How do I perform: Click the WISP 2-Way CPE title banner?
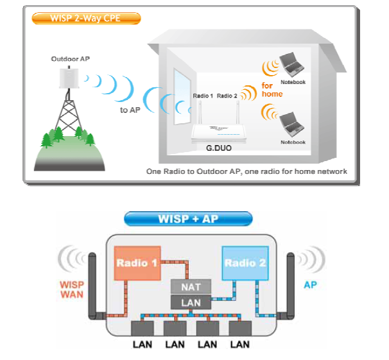point(85,17)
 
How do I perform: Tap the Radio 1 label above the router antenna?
point(202,96)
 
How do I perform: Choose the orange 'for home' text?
point(272,89)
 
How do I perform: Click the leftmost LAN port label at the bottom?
point(142,345)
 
